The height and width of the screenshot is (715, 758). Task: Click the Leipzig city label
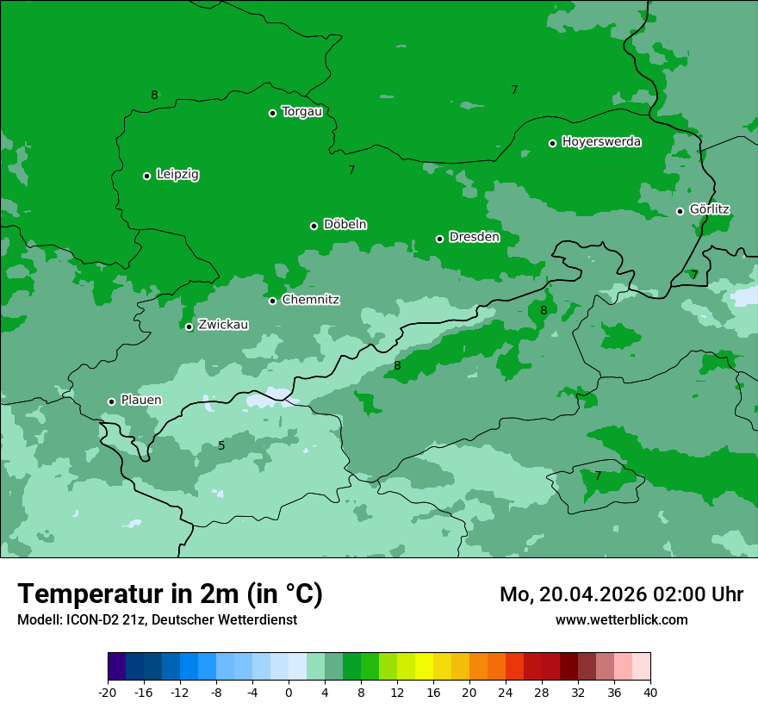tap(177, 175)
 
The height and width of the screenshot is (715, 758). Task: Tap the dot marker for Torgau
tap(272, 113)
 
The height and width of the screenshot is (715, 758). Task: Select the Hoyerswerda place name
tap(601, 142)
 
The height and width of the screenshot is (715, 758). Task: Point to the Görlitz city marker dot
tap(680, 211)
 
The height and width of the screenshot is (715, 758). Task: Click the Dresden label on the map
tap(474, 237)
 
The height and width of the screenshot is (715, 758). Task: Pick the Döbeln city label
tap(345, 225)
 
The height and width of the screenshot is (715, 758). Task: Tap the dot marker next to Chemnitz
tap(272, 301)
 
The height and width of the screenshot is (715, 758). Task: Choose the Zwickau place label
tap(223, 325)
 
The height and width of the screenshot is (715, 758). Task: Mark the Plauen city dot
tap(111, 401)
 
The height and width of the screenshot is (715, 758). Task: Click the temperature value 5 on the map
tap(221, 445)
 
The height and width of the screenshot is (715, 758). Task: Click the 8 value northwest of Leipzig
tap(154, 95)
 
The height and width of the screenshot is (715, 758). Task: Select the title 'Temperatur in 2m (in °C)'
tap(170, 594)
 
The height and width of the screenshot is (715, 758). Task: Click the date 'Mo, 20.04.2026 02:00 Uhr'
tap(621, 594)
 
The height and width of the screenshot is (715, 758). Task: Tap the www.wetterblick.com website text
tap(621, 620)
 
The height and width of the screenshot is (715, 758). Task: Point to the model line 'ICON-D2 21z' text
tap(157, 620)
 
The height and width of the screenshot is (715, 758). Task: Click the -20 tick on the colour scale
tap(108, 693)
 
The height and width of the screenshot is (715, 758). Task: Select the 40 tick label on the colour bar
tap(650, 693)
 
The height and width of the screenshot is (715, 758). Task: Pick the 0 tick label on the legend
tap(289, 693)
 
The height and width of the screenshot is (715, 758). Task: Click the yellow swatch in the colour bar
tap(424, 667)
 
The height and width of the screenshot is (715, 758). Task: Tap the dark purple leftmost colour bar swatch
tap(116, 667)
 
